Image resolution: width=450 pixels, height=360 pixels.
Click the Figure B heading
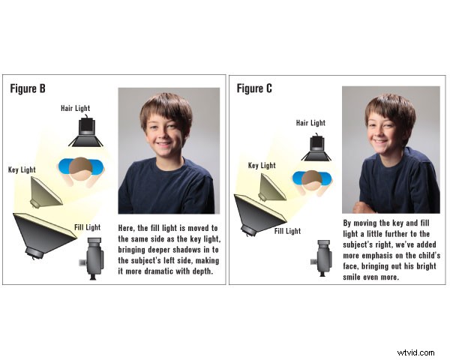click(28, 88)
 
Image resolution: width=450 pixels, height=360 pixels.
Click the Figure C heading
click(253, 88)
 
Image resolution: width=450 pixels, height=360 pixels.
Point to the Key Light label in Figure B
click(22, 170)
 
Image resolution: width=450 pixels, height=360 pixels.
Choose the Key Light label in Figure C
click(263, 165)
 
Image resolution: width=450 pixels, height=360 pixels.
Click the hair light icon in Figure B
click(85, 132)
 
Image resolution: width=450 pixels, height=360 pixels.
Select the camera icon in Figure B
click(93, 259)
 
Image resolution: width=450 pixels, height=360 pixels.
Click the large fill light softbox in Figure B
click(43, 233)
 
